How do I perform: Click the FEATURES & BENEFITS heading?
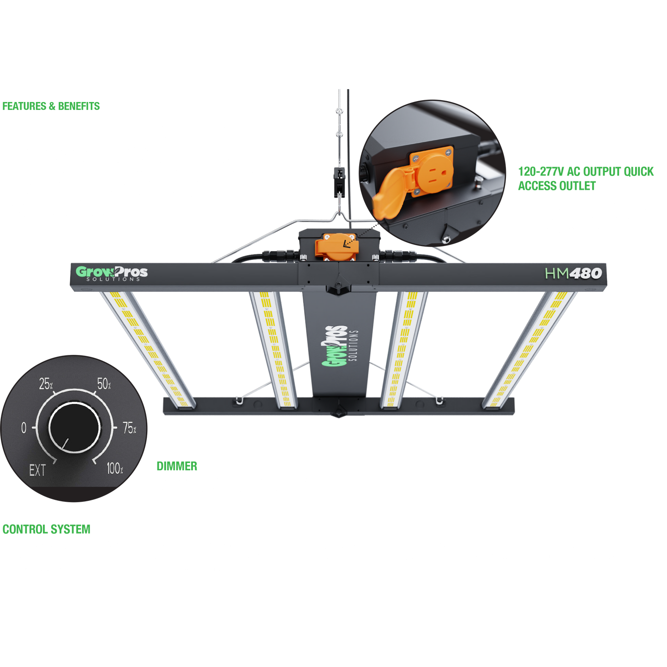[x=51, y=106]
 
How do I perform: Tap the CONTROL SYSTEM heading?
[x=46, y=529]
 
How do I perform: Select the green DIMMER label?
[x=177, y=466]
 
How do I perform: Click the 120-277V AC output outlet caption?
[x=586, y=179]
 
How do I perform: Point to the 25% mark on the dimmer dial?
[x=46, y=384]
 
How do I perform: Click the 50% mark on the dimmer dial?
[x=104, y=384]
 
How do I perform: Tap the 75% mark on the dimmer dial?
[x=129, y=428]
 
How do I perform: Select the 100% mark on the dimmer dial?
[x=114, y=469]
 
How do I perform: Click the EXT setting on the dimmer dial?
[x=37, y=470]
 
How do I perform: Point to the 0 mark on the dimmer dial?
[x=24, y=428]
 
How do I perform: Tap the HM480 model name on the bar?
[x=573, y=273]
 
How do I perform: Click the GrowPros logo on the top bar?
[x=112, y=273]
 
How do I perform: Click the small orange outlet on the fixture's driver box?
[x=336, y=246]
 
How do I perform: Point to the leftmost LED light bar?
[x=148, y=349]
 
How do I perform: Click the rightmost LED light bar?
[x=529, y=349]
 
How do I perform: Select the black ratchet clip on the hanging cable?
[x=339, y=182]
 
